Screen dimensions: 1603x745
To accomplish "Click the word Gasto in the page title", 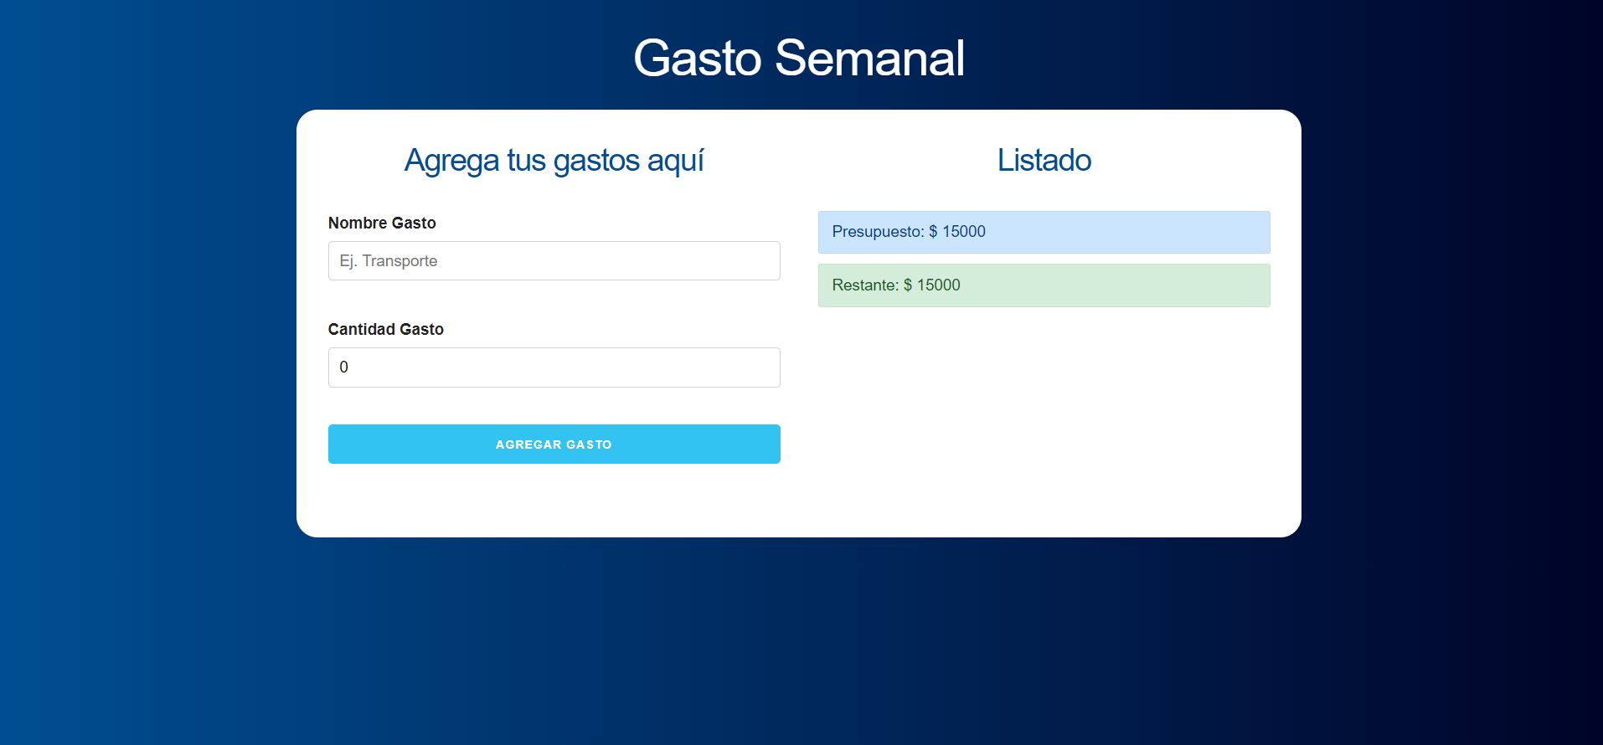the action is coord(698,58).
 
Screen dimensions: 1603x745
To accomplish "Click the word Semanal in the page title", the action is coord(870,58).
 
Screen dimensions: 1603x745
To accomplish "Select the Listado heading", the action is coord(1044,160).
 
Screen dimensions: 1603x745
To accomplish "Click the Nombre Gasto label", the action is coord(382,223).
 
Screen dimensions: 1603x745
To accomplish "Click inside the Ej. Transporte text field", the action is coord(554,261).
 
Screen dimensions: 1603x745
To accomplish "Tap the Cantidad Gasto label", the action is coord(386,329).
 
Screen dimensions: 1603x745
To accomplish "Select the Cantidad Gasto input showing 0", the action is coord(554,367).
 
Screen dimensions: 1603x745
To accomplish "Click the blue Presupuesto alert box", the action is coord(1044,232).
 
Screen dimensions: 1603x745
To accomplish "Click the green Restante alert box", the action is coord(1044,285).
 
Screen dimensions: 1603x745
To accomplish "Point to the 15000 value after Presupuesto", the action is coord(963,232).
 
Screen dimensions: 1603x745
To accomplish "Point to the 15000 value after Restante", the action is coord(939,285).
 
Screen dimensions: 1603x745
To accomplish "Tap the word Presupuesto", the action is coord(878,232).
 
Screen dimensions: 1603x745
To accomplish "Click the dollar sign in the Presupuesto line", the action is coord(933,232).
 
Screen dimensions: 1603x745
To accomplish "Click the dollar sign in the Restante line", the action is coord(908,285).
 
